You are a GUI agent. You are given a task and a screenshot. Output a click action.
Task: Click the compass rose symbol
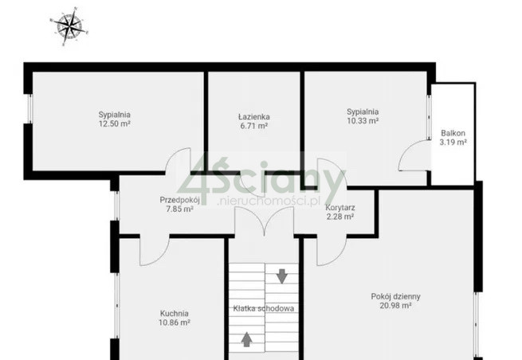[x=69, y=26]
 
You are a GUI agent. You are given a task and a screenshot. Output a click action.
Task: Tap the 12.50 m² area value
[x=114, y=123]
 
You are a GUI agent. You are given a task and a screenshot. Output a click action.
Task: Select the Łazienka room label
[x=254, y=117]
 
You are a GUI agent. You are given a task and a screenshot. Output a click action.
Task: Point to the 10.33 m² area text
[x=363, y=120]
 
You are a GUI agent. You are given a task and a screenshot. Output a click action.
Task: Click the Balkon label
[x=453, y=133]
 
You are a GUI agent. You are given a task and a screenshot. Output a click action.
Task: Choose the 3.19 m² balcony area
[x=453, y=142]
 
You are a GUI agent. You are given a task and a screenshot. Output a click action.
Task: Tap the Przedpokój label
[x=180, y=200]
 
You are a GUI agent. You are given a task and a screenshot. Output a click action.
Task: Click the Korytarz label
[x=340, y=208]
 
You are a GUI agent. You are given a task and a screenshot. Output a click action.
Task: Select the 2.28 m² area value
[x=339, y=217]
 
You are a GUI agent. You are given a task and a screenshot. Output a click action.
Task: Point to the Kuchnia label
[x=174, y=314]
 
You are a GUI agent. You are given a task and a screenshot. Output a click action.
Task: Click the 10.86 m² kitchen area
[x=175, y=323]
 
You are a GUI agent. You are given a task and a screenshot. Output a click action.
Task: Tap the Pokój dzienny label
[x=395, y=296]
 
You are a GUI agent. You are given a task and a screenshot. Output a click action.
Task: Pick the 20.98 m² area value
[x=395, y=305]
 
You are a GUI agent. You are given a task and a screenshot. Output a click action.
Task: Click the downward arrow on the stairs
[x=282, y=276]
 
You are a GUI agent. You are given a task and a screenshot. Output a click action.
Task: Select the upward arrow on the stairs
[x=247, y=339]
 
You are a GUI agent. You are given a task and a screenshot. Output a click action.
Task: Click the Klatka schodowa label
[x=263, y=308]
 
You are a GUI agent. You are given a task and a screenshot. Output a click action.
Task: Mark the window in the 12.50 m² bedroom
[x=29, y=109]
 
